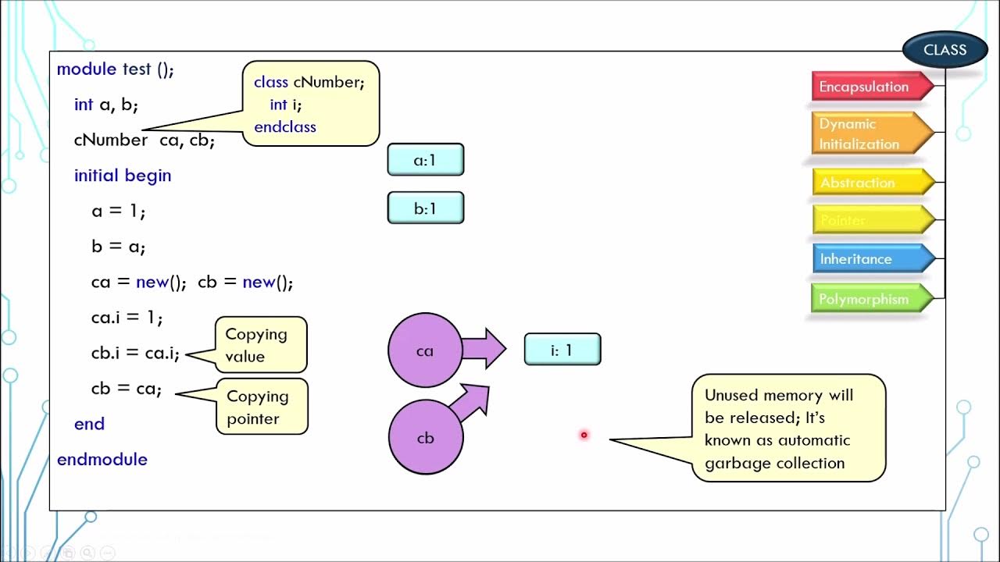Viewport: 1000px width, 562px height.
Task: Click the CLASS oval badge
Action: click(x=945, y=50)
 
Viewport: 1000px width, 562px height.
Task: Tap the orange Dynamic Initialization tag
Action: click(x=867, y=133)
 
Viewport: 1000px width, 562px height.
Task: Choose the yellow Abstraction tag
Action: click(x=867, y=183)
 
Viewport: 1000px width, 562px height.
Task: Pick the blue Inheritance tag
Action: click(x=867, y=259)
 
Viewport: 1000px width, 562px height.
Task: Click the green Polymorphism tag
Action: click(x=867, y=299)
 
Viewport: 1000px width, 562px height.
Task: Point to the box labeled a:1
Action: click(x=425, y=160)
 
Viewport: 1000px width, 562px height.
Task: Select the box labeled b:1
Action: click(x=425, y=208)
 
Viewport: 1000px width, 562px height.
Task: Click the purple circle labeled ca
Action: click(x=424, y=350)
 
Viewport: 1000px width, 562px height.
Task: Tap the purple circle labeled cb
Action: click(x=425, y=438)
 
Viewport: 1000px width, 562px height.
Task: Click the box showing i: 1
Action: click(x=562, y=350)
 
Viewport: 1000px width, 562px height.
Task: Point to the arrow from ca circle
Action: click(x=485, y=349)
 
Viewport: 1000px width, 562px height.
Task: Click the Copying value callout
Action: click(x=260, y=345)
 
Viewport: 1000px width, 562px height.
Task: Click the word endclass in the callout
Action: click(x=285, y=126)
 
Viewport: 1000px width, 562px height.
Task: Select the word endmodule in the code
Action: click(x=102, y=459)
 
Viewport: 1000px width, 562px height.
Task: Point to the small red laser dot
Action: click(x=584, y=435)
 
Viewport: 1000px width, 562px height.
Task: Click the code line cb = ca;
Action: click(x=126, y=388)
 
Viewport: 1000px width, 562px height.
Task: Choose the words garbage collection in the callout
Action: click(x=774, y=463)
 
